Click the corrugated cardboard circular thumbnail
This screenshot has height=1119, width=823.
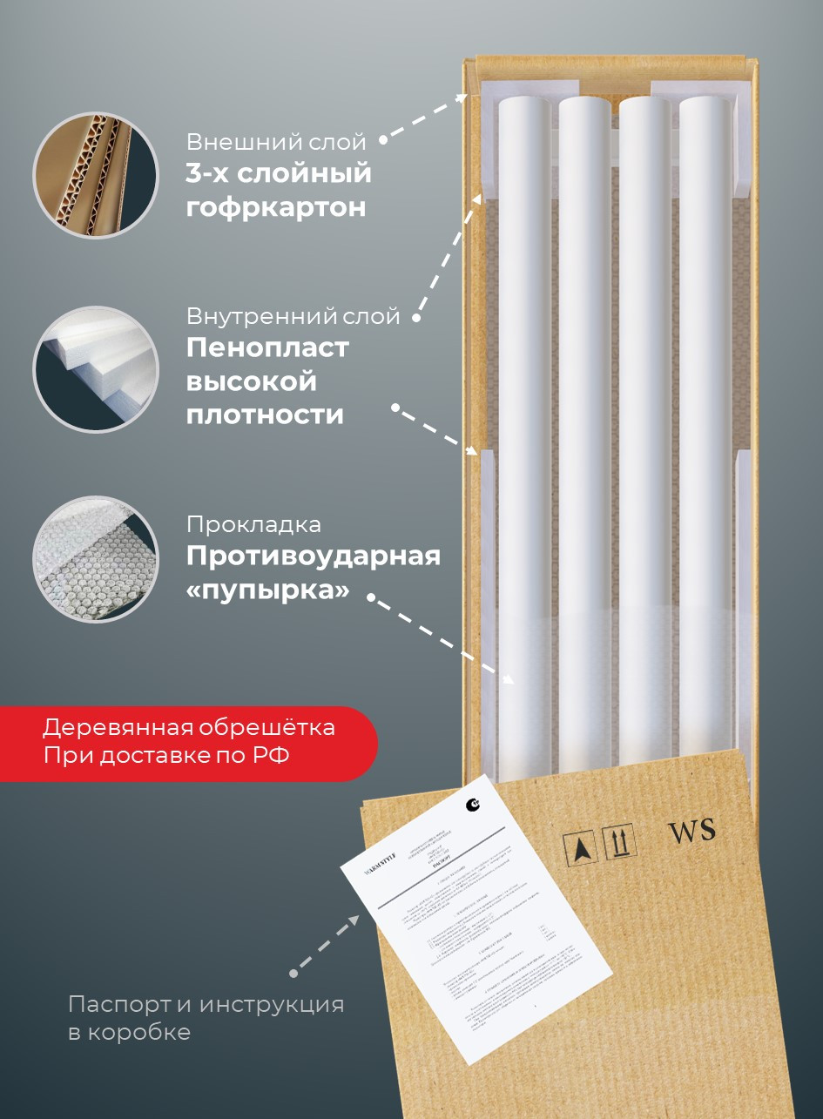[96, 175]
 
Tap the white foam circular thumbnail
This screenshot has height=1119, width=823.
[96, 368]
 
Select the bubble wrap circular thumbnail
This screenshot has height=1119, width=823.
[96, 559]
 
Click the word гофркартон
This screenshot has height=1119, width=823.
[275, 208]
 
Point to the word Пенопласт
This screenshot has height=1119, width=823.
[267, 347]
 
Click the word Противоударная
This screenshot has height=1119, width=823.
[313, 556]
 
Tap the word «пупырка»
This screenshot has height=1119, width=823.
[267, 590]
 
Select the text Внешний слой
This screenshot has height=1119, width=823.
[276, 141]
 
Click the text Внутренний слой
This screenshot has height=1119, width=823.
[293, 315]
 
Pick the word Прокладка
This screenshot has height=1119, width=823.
[253, 524]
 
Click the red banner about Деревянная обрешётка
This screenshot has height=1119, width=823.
[187, 742]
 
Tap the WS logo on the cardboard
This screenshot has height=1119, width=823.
[691, 831]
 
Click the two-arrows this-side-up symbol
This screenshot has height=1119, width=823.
[619, 842]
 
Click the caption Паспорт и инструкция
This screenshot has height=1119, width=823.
[206, 1004]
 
